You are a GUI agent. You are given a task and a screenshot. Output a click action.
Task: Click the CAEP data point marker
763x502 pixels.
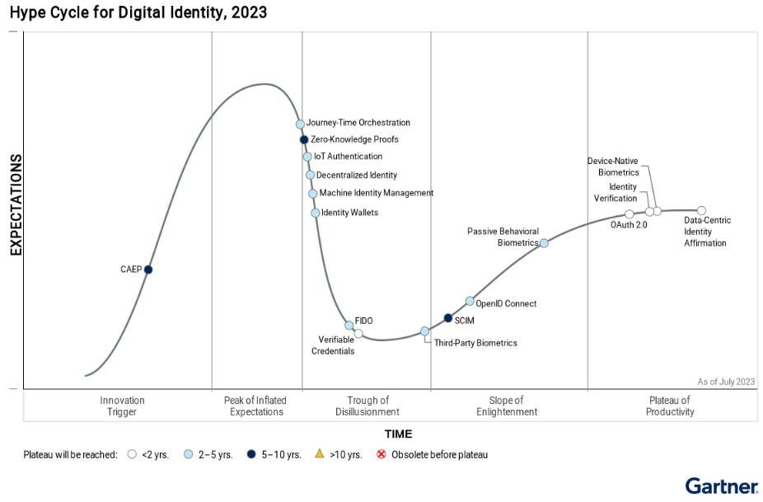tap(148, 270)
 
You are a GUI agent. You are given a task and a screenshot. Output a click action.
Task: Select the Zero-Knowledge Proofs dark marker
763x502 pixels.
tap(304, 140)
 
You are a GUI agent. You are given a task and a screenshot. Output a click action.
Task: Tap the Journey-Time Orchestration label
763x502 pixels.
tap(358, 123)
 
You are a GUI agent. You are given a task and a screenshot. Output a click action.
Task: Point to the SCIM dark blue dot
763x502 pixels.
tap(448, 318)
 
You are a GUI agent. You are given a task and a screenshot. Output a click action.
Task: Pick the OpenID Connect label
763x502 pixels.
tap(506, 303)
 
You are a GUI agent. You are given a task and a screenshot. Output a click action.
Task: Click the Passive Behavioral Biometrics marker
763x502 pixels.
tap(544, 243)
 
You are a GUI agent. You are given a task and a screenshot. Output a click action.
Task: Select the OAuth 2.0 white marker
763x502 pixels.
tap(630, 214)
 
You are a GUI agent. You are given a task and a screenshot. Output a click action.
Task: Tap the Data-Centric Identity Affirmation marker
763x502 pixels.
tap(702, 211)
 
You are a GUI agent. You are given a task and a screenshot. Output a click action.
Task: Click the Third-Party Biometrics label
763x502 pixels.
tap(475, 343)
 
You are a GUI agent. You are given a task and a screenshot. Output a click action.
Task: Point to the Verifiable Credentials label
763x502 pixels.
tap(333, 345)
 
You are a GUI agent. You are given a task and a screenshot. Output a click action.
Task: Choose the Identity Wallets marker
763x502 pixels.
tap(316, 213)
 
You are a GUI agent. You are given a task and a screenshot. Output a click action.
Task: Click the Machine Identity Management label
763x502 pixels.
tap(376, 193)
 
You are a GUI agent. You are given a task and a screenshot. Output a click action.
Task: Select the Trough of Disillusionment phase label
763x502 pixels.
tap(367, 406)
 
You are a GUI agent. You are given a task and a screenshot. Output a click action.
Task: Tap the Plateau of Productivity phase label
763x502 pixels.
tap(670, 406)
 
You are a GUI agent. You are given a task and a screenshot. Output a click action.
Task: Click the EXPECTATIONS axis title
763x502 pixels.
tap(15, 204)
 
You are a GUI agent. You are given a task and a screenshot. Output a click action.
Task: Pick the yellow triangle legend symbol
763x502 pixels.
tap(319, 454)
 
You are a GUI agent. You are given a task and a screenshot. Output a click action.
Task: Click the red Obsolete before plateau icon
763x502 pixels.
tap(381, 454)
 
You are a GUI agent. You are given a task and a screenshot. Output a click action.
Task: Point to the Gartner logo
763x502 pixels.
tap(721, 486)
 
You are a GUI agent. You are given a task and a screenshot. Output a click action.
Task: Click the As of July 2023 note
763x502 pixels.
tap(726, 381)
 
